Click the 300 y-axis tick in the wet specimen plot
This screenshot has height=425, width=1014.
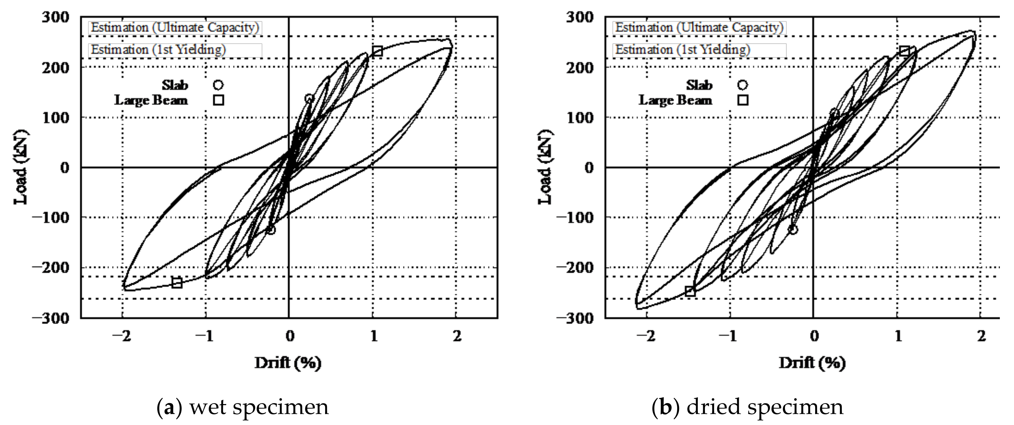[55, 17]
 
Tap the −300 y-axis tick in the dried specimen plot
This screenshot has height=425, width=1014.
[575, 318]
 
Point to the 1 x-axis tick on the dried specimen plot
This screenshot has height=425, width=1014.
[898, 336]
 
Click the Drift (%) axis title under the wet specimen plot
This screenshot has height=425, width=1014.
[288, 362]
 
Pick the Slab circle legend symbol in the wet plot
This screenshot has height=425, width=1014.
[218, 85]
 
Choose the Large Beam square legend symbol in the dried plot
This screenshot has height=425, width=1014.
[742, 100]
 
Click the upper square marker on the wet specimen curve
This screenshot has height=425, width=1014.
[377, 51]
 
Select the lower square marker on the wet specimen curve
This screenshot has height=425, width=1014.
[177, 282]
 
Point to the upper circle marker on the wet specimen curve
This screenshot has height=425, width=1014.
[309, 99]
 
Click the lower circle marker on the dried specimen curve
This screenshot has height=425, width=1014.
[793, 229]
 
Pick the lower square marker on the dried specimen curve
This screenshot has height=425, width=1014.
[690, 291]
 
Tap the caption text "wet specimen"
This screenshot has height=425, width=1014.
[259, 407]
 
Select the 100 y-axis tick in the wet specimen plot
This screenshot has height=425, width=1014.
[55, 117]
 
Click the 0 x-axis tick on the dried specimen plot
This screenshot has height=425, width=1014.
[814, 336]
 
